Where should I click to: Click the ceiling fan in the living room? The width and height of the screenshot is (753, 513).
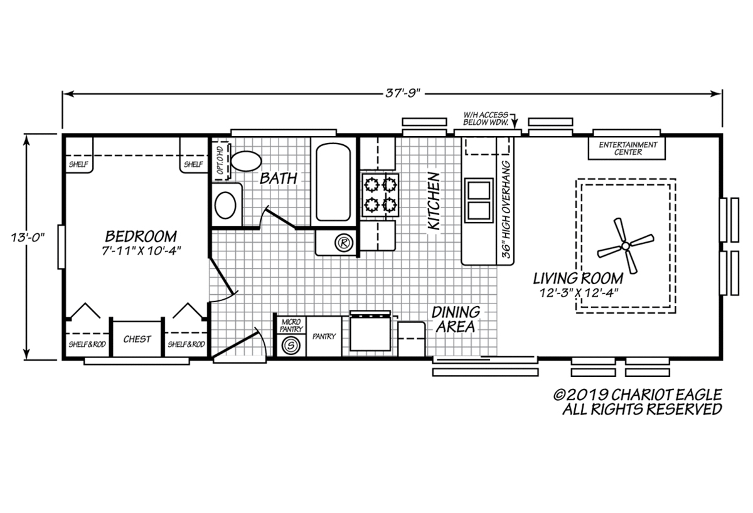pyautogui.click(x=625, y=246)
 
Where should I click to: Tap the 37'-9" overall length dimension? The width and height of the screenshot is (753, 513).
pyautogui.click(x=403, y=93)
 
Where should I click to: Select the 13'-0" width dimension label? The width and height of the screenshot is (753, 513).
pyautogui.click(x=28, y=238)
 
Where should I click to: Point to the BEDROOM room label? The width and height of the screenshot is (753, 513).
pyautogui.click(x=141, y=236)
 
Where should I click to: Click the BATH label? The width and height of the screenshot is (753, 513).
pyautogui.click(x=279, y=178)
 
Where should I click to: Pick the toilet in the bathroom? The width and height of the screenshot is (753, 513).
pyautogui.click(x=247, y=161)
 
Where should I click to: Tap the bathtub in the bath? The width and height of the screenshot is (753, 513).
pyautogui.click(x=333, y=182)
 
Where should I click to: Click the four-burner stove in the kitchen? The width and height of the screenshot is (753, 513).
pyautogui.click(x=380, y=195)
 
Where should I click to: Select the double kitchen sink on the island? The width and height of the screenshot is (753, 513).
pyautogui.click(x=479, y=200)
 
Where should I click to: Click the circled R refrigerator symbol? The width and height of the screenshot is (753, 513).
pyautogui.click(x=344, y=242)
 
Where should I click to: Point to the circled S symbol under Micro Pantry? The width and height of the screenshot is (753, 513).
pyautogui.click(x=291, y=346)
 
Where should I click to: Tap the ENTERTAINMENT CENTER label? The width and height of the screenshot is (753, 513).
pyautogui.click(x=627, y=149)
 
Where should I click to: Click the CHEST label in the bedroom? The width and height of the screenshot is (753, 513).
pyautogui.click(x=137, y=339)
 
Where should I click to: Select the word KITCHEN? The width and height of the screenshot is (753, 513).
pyautogui.click(x=434, y=201)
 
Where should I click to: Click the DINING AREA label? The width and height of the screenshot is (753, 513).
pyautogui.click(x=456, y=319)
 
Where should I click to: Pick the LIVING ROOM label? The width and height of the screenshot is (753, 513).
pyautogui.click(x=578, y=278)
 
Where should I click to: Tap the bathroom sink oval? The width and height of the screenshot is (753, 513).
pyautogui.click(x=225, y=205)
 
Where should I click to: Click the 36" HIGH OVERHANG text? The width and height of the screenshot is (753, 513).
pyautogui.click(x=506, y=209)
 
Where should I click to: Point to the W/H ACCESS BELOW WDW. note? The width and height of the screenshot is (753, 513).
pyautogui.click(x=486, y=119)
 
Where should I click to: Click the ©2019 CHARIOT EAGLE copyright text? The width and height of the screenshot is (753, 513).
pyautogui.click(x=638, y=395)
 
